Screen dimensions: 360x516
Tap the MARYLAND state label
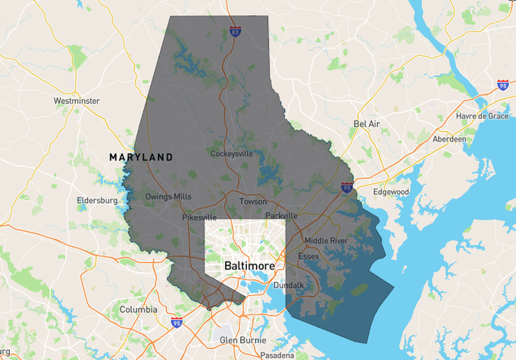pyautogui.click(x=141, y=158)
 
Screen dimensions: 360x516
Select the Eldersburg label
pyautogui.click(x=97, y=201)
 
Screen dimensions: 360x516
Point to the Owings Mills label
pyautogui.click(x=168, y=197)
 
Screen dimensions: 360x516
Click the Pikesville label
pyautogui.click(x=199, y=218)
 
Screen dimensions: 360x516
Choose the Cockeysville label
pyautogui.click(x=232, y=154)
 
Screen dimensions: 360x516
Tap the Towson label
pyautogui.click(x=253, y=202)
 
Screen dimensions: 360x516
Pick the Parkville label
pyautogui.click(x=281, y=216)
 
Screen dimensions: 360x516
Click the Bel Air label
pyautogui.click(x=366, y=123)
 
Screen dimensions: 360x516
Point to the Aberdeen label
pyautogui.click(x=449, y=140)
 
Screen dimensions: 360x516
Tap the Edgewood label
pyautogui.click(x=391, y=193)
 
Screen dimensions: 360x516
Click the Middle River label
pyautogui.click(x=326, y=241)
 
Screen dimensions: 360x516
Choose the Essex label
pyautogui.click(x=308, y=256)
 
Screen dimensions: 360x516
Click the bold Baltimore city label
pyautogui.click(x=249, y=266)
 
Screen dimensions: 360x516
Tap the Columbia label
pyautogui.click(x=139, y=310)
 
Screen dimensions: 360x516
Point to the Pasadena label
pyautogui.click(x=277, y=355)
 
